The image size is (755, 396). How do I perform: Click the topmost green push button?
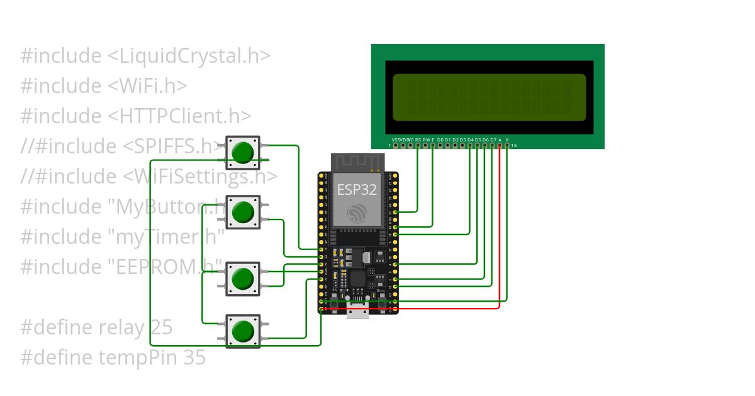(243, 152)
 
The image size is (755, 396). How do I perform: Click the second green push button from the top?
(243, 212)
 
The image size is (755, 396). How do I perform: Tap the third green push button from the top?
(243, 278)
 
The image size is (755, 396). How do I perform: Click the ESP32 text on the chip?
(357, 189)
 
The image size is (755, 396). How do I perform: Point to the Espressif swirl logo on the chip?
(357, 212)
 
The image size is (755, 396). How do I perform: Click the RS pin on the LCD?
(418, 145)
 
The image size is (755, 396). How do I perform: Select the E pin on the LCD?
(433, 145)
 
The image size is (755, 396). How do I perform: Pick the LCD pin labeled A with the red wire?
(500, 145)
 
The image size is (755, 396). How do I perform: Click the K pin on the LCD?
(507, 145)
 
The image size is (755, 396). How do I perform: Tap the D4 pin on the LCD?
(470, 145)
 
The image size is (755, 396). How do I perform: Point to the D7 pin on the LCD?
(492, 145)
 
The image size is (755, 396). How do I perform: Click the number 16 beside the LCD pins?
(514, 146)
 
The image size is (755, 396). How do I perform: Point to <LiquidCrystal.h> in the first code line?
(189, 56)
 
